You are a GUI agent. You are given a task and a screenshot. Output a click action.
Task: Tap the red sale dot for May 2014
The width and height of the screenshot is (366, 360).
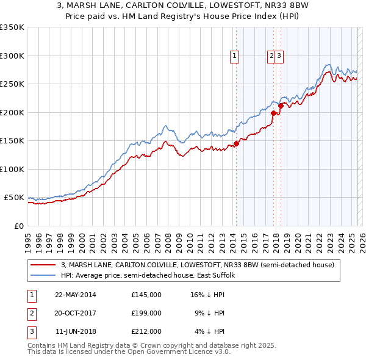[236, 144]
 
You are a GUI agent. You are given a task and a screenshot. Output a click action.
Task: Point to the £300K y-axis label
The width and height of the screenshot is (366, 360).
[12, 56]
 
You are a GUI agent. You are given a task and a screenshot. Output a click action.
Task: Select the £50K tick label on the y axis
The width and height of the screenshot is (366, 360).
[15, 198]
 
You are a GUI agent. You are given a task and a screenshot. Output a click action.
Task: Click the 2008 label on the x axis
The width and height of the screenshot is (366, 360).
[168, 239]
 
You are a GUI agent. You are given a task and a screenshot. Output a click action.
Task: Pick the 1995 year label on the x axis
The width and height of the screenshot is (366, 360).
[28, 239]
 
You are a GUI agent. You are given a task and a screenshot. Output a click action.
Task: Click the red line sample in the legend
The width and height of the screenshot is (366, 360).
[43, 265]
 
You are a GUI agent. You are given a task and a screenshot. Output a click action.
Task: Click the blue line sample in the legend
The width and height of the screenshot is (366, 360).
[43, 275]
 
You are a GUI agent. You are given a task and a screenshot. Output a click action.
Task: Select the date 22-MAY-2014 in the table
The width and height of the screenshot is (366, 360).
[76, 295]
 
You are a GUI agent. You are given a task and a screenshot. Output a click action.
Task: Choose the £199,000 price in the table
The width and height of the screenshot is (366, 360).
[146, 313]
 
